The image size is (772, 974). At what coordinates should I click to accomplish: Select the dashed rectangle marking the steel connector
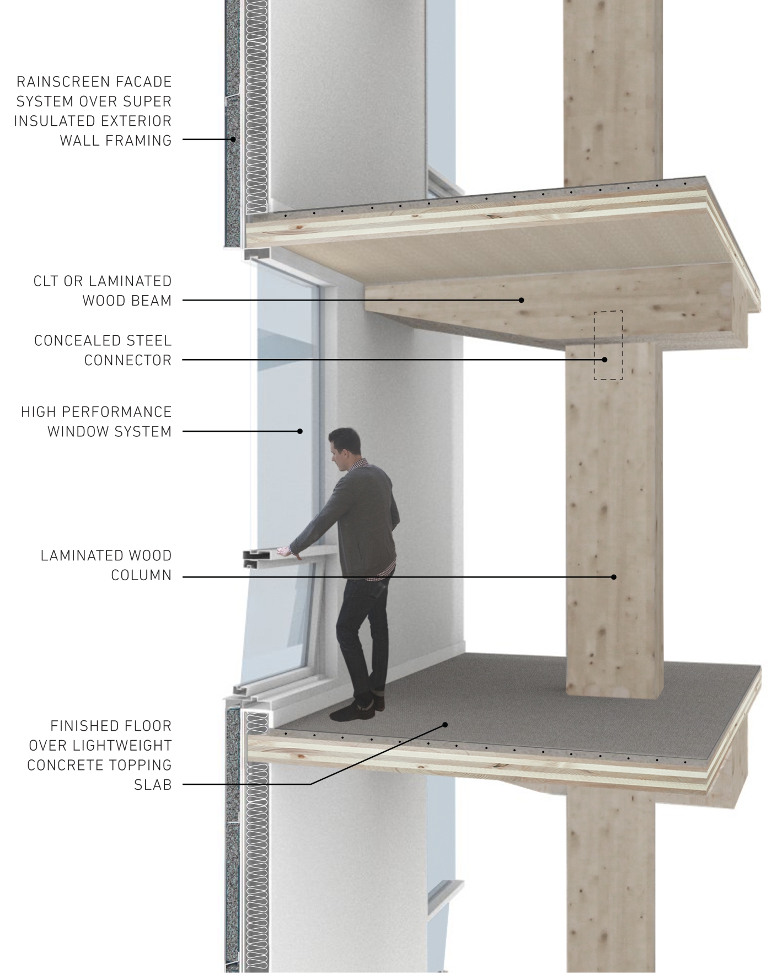click(x=608, y=345)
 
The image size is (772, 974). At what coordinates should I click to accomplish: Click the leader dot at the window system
click(x=300, y=431)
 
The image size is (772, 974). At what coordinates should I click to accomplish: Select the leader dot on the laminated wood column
click(x=614, y=577)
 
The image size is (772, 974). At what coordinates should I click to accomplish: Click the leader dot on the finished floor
click(x=446, y=725)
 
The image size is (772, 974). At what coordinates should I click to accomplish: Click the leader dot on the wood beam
click(x=521, y=300)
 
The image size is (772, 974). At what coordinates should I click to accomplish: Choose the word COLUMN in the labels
click(x=142, y=575)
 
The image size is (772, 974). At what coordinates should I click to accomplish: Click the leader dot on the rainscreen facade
click(x=233, y=140)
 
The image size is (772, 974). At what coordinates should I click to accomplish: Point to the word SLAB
click(x=153, y=784)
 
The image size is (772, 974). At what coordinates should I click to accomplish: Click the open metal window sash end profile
click(x=256, y=558)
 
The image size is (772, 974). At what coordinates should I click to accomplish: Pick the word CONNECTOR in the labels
click(x=128, y=361)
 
